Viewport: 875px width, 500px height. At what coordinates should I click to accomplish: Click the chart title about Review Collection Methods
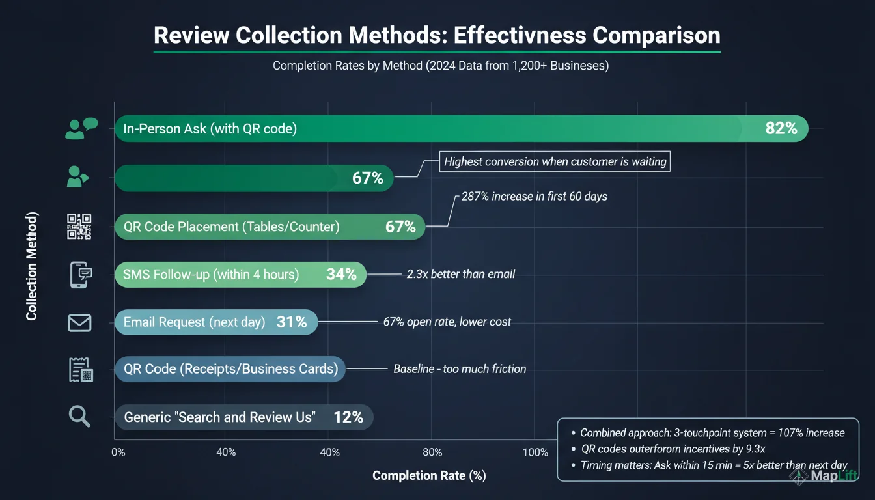point(437,35)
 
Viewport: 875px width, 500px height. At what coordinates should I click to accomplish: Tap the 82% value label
point(781,128)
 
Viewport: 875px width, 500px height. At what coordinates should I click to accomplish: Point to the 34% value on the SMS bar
point(341,274)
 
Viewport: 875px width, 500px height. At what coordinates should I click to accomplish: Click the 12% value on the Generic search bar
point(348,417)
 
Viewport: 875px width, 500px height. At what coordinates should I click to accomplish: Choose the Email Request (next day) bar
point(215,322)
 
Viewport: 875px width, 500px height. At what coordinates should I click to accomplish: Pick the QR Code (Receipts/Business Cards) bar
point(230,369)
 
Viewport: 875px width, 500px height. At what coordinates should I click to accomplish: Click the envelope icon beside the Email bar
point(79,322)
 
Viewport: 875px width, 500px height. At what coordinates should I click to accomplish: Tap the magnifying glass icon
point(79,416)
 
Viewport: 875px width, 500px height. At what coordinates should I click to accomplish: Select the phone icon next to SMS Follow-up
point(80,275)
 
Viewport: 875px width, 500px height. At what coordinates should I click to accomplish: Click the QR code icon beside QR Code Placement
point(79,227)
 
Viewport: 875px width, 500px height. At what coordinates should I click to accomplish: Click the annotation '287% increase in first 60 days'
point(534,196)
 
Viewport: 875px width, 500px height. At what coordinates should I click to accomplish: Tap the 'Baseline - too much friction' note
point(460,368)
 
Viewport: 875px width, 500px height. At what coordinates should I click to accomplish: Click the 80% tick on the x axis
point(432,452)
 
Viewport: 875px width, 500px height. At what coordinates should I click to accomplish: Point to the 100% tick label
point(535,452)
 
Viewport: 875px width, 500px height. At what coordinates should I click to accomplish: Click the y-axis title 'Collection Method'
point(32,266)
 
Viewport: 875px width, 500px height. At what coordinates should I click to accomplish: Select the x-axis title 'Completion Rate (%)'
point(429,475)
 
